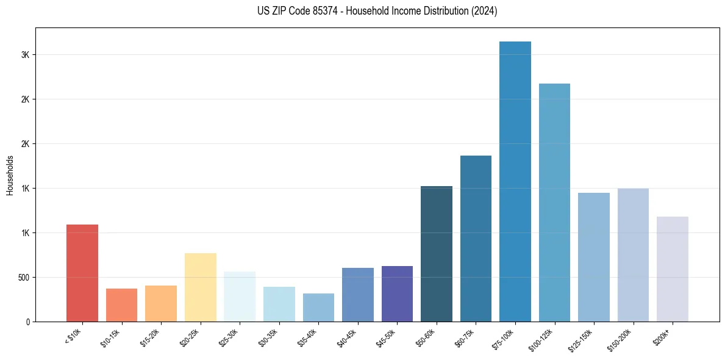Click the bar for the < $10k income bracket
click(x=82, y=273)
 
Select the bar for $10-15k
click(x=121, y=305)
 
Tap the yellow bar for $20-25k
click(x=200, y=287)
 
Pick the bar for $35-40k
click(x=318, y=308)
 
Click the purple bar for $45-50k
click(x=397, y=293)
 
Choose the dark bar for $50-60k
click(x=437, y=254)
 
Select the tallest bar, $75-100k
click(x=515, y=181)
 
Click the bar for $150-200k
click(x=633, y=255)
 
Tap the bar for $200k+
click(x=673, y=269)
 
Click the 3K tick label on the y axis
click(x=25, y=55)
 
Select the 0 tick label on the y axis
click(x=27, y=322)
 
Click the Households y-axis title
click(x=10, y=175)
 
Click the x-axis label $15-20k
click(x=151, y=337)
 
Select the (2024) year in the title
click(x=485, y=11)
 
